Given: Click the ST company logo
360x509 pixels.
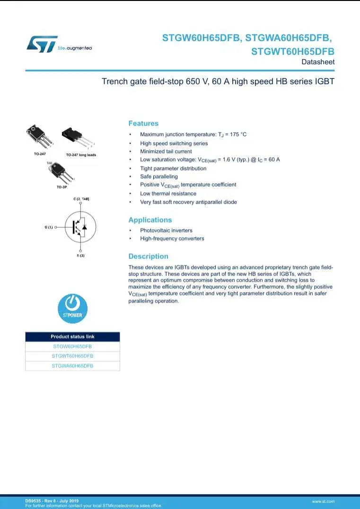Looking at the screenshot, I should point(42,43).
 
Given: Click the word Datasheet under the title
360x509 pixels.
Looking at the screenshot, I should point(318,62).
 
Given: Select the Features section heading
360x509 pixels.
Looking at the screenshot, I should point(143,123).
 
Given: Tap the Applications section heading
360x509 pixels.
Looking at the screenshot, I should point(150,220).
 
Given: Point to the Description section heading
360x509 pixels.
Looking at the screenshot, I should point(148,256).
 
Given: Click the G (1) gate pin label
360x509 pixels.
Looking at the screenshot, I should point(49,227).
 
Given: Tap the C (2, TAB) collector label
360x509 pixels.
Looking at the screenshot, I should point(81,199).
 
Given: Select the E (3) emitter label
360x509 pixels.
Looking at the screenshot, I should point(80,256).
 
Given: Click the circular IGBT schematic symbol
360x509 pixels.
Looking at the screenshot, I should point(80,227).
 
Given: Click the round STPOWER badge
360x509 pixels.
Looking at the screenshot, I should point(72,308).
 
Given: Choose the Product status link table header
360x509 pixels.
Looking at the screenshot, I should point(72,336).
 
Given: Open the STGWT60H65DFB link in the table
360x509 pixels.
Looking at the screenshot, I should point(72,356).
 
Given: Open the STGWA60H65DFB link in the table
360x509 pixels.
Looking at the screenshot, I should point(72,366).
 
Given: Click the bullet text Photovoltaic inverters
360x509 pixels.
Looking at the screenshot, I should point(166,230).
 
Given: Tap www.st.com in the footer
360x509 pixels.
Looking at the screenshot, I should point(323,501).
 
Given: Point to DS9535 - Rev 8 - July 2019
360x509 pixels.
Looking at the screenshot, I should point(52,500).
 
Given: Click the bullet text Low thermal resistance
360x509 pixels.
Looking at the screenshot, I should point(168,193).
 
